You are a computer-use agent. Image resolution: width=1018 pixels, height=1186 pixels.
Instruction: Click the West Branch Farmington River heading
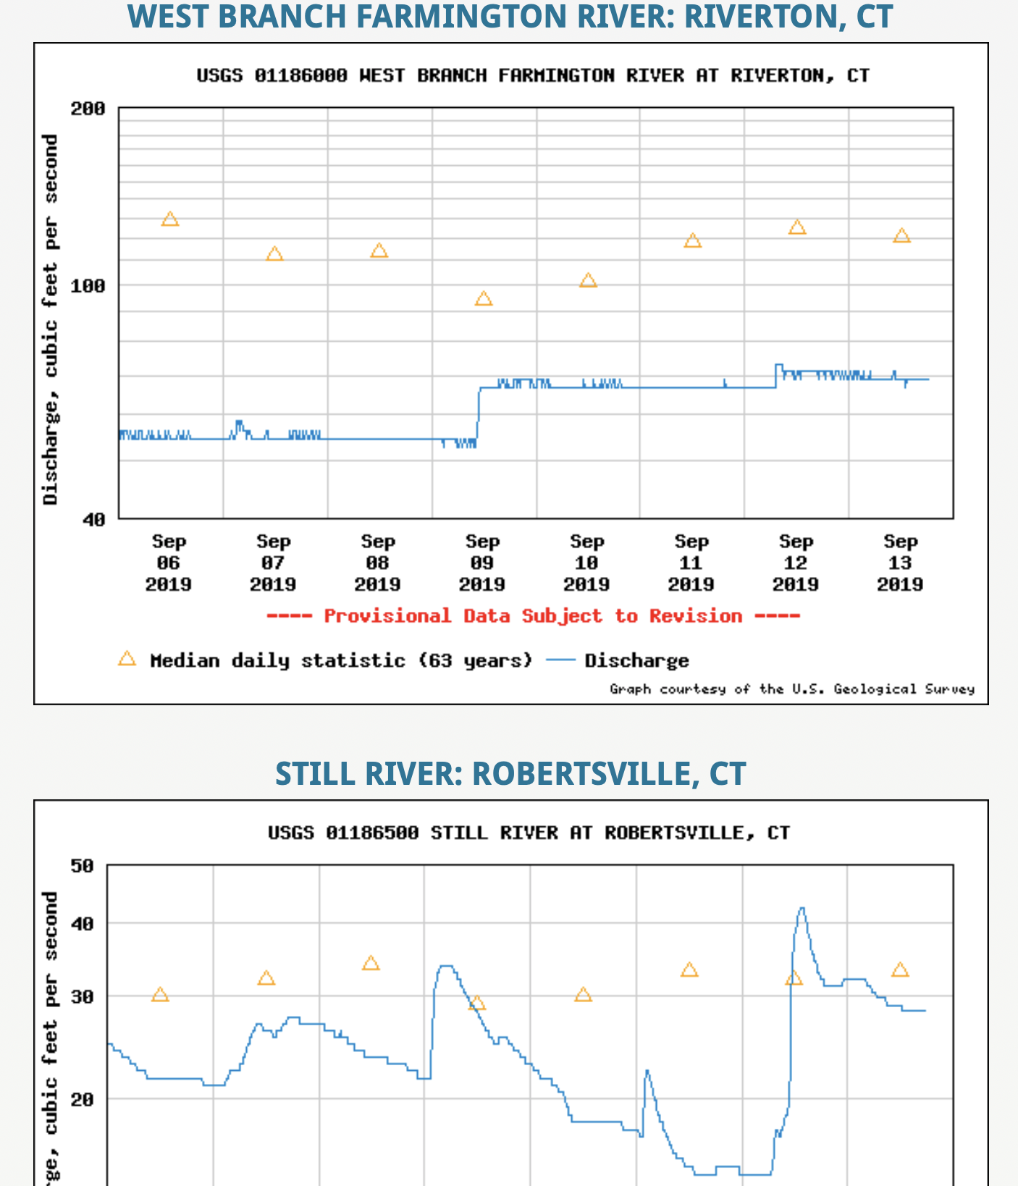510,16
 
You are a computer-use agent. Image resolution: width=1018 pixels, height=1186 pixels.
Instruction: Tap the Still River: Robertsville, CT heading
510,773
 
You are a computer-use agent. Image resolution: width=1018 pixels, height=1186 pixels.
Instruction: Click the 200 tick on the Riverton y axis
88,109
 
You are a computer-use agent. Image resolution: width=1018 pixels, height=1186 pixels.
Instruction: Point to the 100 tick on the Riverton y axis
88,286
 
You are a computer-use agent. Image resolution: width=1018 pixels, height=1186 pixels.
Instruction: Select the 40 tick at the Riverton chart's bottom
93,519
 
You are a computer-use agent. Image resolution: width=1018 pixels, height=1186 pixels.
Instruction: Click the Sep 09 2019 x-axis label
482,563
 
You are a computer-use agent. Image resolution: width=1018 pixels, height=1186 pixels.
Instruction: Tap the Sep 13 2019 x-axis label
900,563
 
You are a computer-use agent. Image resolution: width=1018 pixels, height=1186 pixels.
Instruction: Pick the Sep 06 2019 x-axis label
169,563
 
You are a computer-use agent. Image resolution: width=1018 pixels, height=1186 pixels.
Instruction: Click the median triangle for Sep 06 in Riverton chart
170,219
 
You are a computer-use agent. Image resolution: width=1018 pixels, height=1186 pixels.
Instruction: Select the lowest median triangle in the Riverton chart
484,299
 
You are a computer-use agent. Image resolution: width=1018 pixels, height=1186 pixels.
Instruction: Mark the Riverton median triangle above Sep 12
797,227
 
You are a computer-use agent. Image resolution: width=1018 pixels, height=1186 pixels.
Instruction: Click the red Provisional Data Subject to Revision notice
533,616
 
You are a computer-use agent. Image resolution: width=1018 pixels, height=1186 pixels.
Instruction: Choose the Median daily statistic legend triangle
127,659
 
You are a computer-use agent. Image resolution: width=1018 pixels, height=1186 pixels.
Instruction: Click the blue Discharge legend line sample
560,660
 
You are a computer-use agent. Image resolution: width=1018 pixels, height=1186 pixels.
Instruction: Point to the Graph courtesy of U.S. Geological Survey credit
792,689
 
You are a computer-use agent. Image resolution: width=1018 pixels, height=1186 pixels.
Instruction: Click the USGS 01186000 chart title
533,75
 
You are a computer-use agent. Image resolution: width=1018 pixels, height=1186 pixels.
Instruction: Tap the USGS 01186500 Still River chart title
529,833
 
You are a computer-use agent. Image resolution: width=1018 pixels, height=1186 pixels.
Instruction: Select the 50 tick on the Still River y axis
82,866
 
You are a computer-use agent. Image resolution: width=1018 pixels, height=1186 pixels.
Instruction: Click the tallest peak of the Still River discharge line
802,909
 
